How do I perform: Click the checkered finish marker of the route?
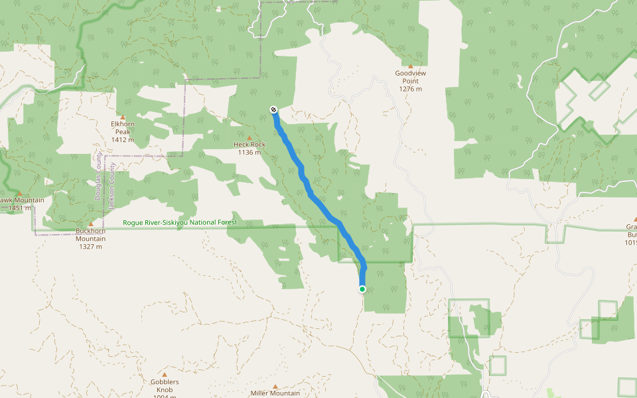pos(273,109)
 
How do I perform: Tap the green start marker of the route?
pos(362,289)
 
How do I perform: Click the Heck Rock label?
pos(249,144)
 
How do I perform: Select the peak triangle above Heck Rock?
pos(249,137)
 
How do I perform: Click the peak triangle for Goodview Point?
pos(410,66)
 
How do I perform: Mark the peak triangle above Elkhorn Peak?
pos(123,117)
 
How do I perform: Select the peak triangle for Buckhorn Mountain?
pos(90,224)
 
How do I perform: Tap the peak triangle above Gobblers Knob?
pos(165,375)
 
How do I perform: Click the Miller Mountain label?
pos(275,393)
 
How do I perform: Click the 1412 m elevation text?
pos(123,140)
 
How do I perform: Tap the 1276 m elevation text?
pos(410,89)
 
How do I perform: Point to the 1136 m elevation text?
pos(249,153)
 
